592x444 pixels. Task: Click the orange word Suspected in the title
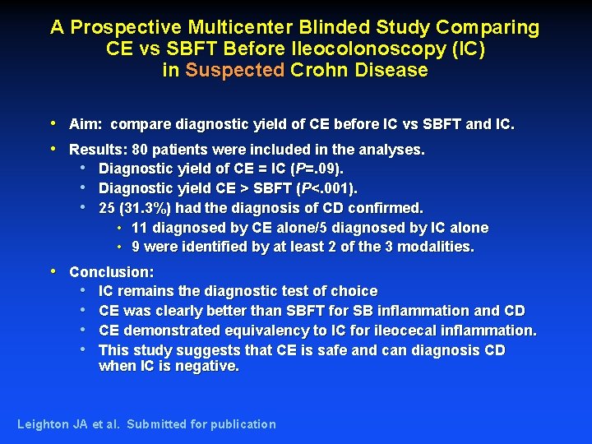[x=234, y=70]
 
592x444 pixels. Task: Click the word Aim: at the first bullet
[x=86, y=125]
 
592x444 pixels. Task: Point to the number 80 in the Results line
[x=141, y=150]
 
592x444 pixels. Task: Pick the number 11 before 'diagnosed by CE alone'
[x=139, y=228]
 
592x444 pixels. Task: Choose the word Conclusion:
[x=112, y=271]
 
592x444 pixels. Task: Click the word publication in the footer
[x=243, y=424]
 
